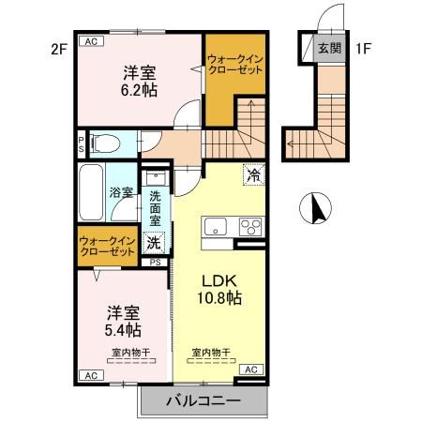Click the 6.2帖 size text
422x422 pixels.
click(x=137, y=87)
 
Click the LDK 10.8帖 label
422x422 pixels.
click(x=220, y=288)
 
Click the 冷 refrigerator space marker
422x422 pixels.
click(x=252, y=173)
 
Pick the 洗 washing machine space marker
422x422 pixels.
click(x=154, y=242)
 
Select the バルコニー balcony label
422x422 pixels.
click(x=203, y=400)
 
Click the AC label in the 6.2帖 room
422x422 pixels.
click(x=91, y=42)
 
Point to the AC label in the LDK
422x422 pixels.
click(x=249, y=370)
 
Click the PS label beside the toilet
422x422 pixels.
click(x=82, y=144)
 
